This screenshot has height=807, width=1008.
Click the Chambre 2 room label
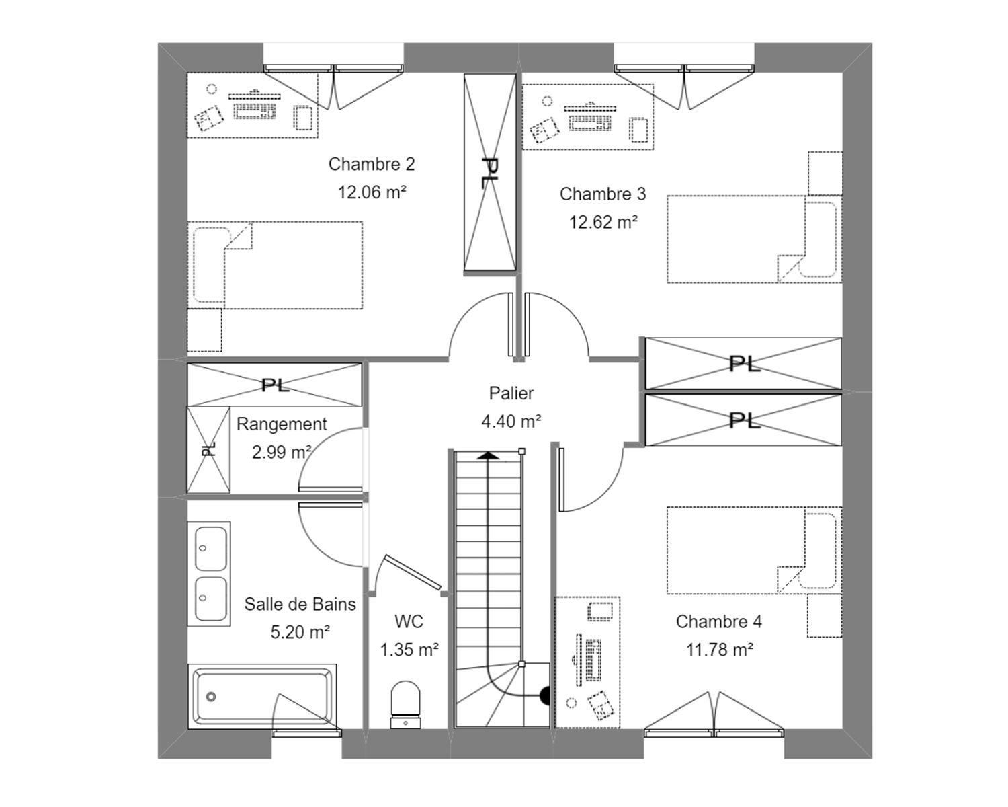coord(372,164)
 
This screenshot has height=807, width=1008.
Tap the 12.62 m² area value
coord(603,222)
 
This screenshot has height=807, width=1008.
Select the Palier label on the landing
coord(511,393)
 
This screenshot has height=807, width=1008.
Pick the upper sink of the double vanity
coord(210,548)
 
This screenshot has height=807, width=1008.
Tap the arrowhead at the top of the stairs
coord(489,455)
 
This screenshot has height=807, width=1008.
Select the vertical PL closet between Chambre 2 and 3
coord(490,172)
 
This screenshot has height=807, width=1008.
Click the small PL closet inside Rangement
coord(208,450)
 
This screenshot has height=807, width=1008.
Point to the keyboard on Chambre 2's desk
coord(255,109)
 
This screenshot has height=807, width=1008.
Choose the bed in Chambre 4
coord(753,550)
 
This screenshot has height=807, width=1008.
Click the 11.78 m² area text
coord(719,650)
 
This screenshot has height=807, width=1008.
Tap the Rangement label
coord(282,424)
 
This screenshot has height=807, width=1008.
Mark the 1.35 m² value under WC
coord(409,650)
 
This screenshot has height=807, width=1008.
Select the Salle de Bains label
coord(300,604)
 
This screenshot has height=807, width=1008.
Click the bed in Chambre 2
coord(276,265)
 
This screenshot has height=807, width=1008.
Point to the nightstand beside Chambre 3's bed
coord(825,174)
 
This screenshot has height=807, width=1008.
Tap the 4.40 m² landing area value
coord(511,422)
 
